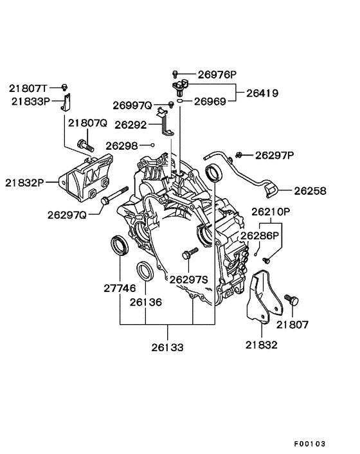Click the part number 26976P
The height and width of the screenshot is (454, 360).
click(x=217, y=74)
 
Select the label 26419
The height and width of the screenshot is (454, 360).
click(x=260, y=93)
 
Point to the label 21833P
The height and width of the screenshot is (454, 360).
click(x=30, y=102)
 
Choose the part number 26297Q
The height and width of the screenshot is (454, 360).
click(x=67, y=214)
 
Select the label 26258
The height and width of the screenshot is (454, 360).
click(x=310, y=191)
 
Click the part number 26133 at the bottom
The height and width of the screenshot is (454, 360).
click(x=168, y=347)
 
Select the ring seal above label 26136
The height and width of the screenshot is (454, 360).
click(x=145, y=271)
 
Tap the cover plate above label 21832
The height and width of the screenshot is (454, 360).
click(x=260, y=296)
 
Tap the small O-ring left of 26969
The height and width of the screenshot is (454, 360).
click(x=183, y=101)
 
